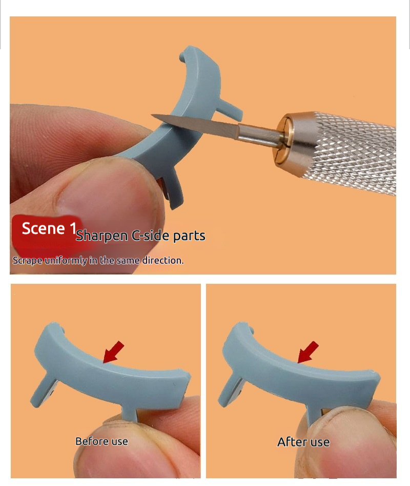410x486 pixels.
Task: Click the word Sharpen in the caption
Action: pos(102,236)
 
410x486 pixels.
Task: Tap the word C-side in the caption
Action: pos(150,236)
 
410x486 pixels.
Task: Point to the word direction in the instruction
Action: pos(163,260)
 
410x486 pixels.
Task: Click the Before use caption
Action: pos(101,441)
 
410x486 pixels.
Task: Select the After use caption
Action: pos(303,442)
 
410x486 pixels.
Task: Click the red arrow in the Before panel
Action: pos(113,352)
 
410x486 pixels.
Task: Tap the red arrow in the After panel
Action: pos(308,352)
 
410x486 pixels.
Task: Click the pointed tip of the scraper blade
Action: pos(152,115)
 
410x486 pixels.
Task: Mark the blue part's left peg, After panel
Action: pos(231,391)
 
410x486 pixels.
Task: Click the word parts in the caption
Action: pos(189,237)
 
